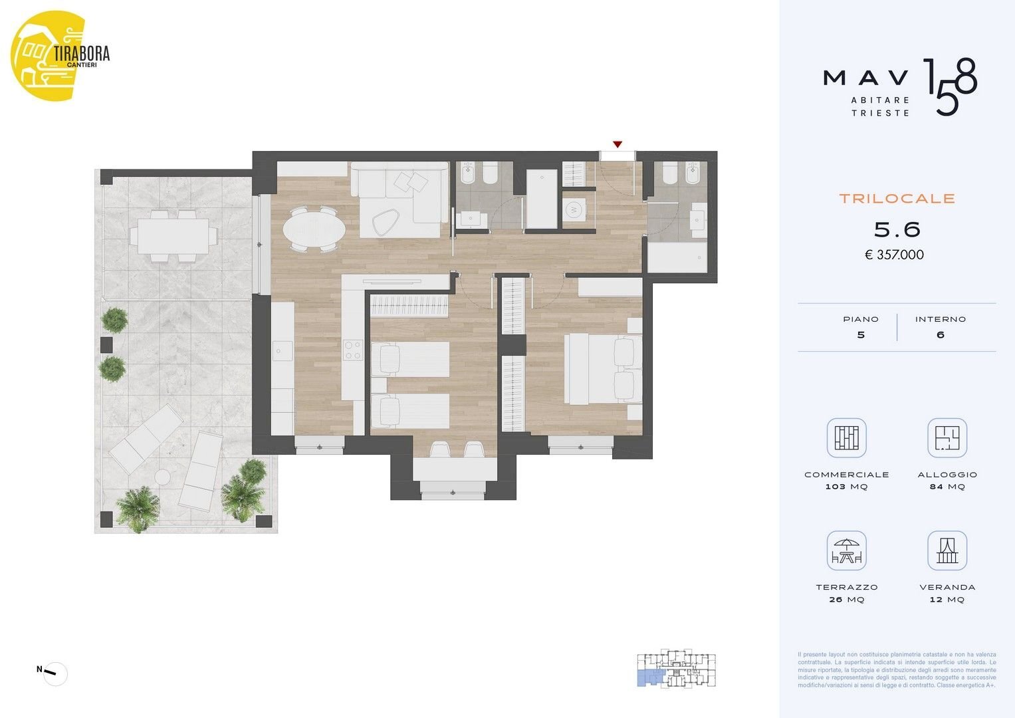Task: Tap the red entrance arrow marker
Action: tap(618, 144)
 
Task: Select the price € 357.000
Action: tap(894, 255)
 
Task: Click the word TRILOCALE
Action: tap(897, 198)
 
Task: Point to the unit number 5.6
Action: tap(897, 230)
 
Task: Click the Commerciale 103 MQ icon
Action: tap(846, 438)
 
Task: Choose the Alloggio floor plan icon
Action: tap(947, 438)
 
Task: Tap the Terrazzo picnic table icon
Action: tap(846, 551)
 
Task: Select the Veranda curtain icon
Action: tap(947, 551)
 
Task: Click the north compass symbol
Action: tap(55, 674)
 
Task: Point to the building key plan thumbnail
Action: tap(677, 669)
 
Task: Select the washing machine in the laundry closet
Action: tap(573, 210)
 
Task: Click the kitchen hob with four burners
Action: tap(352, 350)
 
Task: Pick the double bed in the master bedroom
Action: tap(602, 369)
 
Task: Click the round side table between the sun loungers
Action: tap(162, 477)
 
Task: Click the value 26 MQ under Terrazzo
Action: tap(846, 600)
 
